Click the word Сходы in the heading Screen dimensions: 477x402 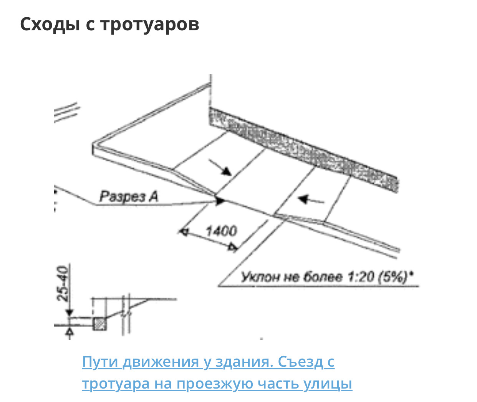coord(50,24)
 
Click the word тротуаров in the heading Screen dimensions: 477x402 coord(150,25)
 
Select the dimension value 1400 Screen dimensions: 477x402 coord(221,231)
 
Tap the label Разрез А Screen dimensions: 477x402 coord(129,197)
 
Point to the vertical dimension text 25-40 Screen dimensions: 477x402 coord(63,283)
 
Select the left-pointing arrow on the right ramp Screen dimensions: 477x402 coord(311,200)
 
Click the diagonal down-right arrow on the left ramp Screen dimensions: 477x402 coord(220,167)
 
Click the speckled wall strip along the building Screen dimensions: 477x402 coord(304,150)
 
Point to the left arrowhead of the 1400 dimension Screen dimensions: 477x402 coord(184,232)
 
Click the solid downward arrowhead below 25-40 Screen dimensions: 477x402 coord(70,313)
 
